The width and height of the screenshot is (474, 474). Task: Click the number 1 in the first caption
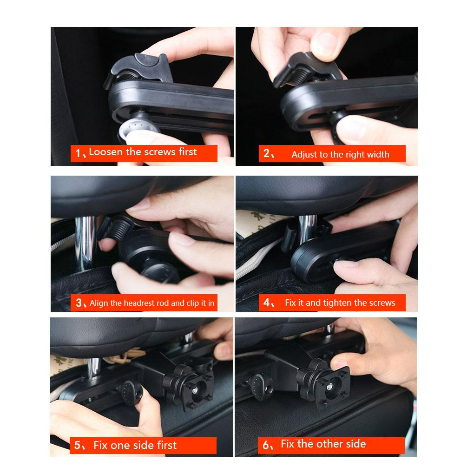[x=78, y=153]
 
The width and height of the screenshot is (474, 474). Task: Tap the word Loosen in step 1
[x=103, y=152]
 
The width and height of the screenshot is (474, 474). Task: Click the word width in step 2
[x=378, y=155]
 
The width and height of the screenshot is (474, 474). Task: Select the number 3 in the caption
[x=79, y=303]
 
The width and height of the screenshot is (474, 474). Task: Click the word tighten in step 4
[x=337, y=303]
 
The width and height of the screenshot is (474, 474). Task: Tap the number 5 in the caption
[x=77, y=446]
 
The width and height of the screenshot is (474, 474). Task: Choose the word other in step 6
[x=329, y=444]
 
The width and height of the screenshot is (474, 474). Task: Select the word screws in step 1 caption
[x=160, y=152]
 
